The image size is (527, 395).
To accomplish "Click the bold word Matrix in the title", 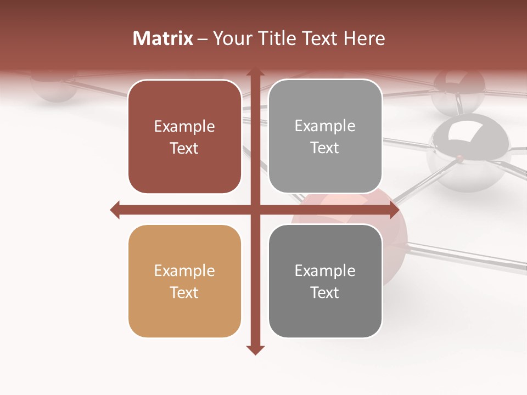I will [x=163, y=38].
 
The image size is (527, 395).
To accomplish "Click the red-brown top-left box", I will [x=184, y=137].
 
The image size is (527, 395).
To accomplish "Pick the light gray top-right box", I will [x=325, y=137].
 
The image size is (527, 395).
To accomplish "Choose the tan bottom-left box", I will [x=184, y=281].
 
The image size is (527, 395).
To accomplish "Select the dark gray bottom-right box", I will [x=325, y=281].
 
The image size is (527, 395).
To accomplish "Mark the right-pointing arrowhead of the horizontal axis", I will [x=394, y=210].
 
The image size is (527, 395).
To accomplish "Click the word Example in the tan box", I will [x=184, y=271].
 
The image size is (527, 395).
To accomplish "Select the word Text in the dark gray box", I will [x=325, y=292].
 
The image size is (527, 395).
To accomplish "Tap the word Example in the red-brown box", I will [x=184, y=127].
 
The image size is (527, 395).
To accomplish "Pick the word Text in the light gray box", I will [x=325, y=148].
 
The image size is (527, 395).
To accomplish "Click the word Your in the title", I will [x=231, y=38].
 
